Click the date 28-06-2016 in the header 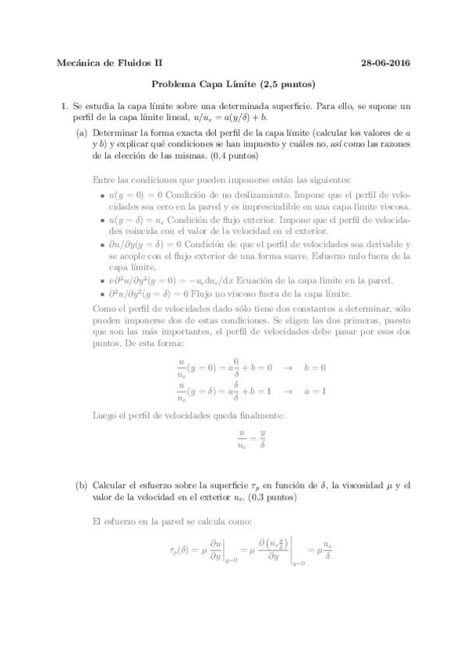(387, 63)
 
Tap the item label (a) (82, 133)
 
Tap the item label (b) (82, 484)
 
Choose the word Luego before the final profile (104, 415)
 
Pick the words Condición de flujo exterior (211, 220)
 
